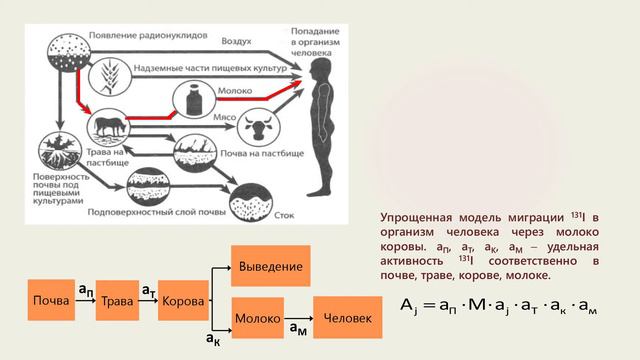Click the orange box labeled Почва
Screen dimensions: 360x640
(x=50, y=301)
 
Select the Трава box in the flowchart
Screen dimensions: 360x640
(x=117, y=301)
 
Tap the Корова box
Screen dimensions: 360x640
(x=183, y=301)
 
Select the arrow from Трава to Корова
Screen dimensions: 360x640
(x=149, y=301)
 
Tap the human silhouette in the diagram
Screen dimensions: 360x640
(x=321, y=125)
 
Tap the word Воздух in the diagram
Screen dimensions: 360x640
(x=237, y=44)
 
